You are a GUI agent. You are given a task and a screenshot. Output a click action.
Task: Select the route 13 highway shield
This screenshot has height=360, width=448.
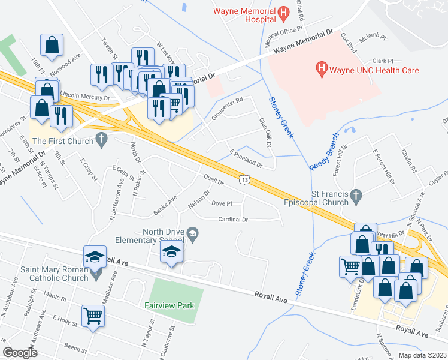click(244, 179)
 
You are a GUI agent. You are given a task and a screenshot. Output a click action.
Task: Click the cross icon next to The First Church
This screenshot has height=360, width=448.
click(101, 141)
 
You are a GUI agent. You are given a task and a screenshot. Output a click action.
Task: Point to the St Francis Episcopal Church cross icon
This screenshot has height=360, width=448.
click(356, 194)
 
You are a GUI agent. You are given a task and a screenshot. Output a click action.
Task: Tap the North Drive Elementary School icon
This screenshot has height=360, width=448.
click(193, 233)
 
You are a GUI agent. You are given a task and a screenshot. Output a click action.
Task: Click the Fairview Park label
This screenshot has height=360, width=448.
click(169, 305)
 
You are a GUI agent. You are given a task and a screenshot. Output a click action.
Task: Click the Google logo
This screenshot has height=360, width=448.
click(20, 352)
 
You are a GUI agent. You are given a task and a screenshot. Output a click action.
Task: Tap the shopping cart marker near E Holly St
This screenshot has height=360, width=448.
click(93, 315)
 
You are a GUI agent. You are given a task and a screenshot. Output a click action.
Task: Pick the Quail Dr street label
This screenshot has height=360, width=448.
click(213, 179)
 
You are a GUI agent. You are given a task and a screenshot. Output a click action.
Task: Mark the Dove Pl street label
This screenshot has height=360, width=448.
click(221, 203)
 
